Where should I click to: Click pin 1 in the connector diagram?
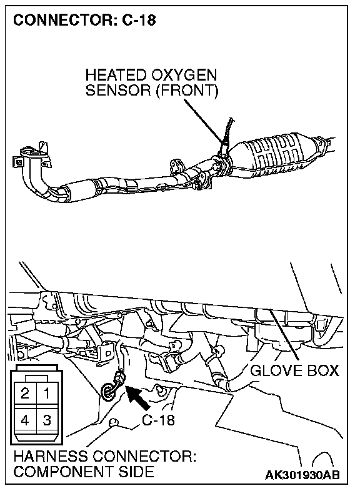47,393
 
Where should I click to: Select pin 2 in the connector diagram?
25,393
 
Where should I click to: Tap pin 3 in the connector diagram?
47,420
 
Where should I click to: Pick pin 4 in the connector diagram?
25,420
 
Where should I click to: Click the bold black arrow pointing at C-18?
138,397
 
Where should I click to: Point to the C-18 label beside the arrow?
158,420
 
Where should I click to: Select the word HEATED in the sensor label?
116,75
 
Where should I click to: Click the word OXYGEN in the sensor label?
184,75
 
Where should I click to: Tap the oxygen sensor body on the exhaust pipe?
224,146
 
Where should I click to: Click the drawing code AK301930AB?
302,475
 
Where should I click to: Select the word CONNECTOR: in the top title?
64,21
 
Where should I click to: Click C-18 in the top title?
138,21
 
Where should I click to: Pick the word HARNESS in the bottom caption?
51,456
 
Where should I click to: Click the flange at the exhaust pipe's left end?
31,157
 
